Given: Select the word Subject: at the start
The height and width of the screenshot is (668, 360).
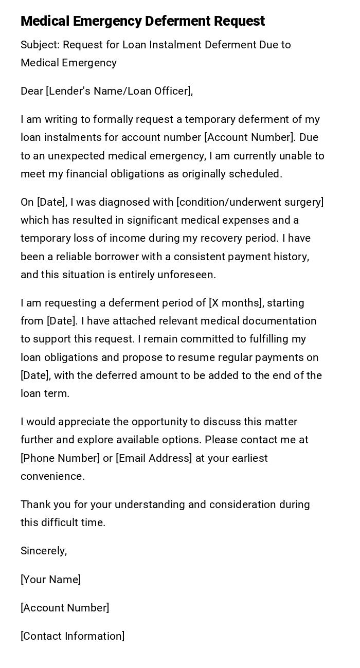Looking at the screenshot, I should point(40,45).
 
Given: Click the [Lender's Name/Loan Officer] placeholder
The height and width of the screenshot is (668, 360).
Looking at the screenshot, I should point(119,91).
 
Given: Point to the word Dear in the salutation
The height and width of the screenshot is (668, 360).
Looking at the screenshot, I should point(32,91).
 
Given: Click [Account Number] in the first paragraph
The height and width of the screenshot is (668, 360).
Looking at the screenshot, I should point(248,137).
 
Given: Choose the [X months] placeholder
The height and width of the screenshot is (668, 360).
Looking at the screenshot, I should point(236,303).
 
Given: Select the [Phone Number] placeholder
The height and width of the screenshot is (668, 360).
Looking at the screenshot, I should point(60,458).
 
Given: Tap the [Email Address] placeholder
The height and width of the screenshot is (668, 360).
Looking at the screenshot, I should point(154,458).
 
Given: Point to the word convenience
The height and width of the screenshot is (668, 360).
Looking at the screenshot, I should point(52,476).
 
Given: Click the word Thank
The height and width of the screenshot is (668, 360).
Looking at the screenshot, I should point(35,504).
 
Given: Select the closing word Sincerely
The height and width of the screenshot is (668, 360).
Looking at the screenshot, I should point(44,551).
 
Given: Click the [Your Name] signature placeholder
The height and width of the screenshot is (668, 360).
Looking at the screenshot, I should point(50,580).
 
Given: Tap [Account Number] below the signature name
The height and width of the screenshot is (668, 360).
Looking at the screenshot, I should point(65,608).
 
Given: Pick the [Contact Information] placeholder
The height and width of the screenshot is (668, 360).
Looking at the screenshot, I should point(73,636).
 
